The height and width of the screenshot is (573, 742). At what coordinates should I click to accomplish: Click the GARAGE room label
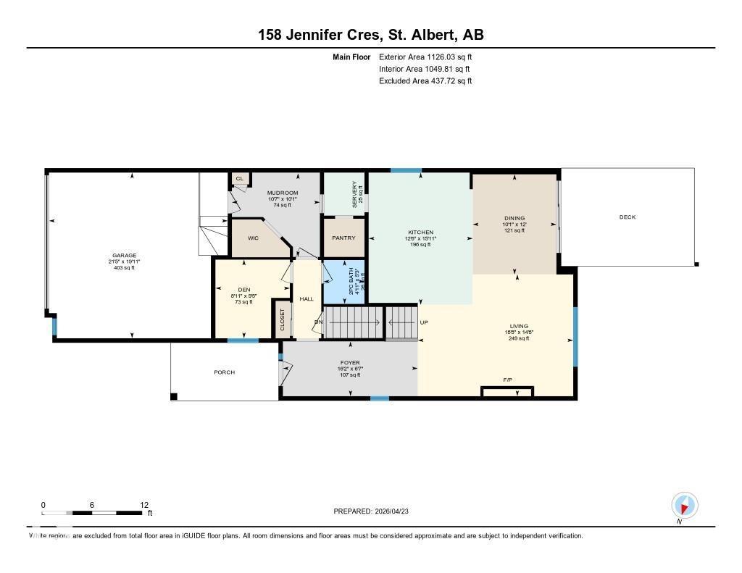point(121,255)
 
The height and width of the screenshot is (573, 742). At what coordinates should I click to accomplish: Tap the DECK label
point(627,217)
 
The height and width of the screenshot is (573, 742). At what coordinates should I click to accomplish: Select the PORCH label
point(224,372)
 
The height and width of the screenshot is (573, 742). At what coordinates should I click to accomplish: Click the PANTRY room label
point(342,238)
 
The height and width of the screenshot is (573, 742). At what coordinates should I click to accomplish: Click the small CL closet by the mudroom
point(239,178)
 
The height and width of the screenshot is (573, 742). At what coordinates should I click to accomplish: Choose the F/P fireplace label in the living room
point(507,380)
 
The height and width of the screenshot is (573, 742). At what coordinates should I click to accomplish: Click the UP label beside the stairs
point(424,322)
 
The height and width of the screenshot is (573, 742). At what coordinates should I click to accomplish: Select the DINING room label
point(514,218)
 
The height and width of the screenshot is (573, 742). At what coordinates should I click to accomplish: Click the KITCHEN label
point(420,233)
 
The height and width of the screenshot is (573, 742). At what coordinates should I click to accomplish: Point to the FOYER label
point(350,363)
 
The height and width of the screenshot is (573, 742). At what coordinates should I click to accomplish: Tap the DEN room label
point(243,289)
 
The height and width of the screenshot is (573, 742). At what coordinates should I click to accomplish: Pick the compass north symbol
point(684,505)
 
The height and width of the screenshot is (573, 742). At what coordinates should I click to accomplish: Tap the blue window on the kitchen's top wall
point(406,170)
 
